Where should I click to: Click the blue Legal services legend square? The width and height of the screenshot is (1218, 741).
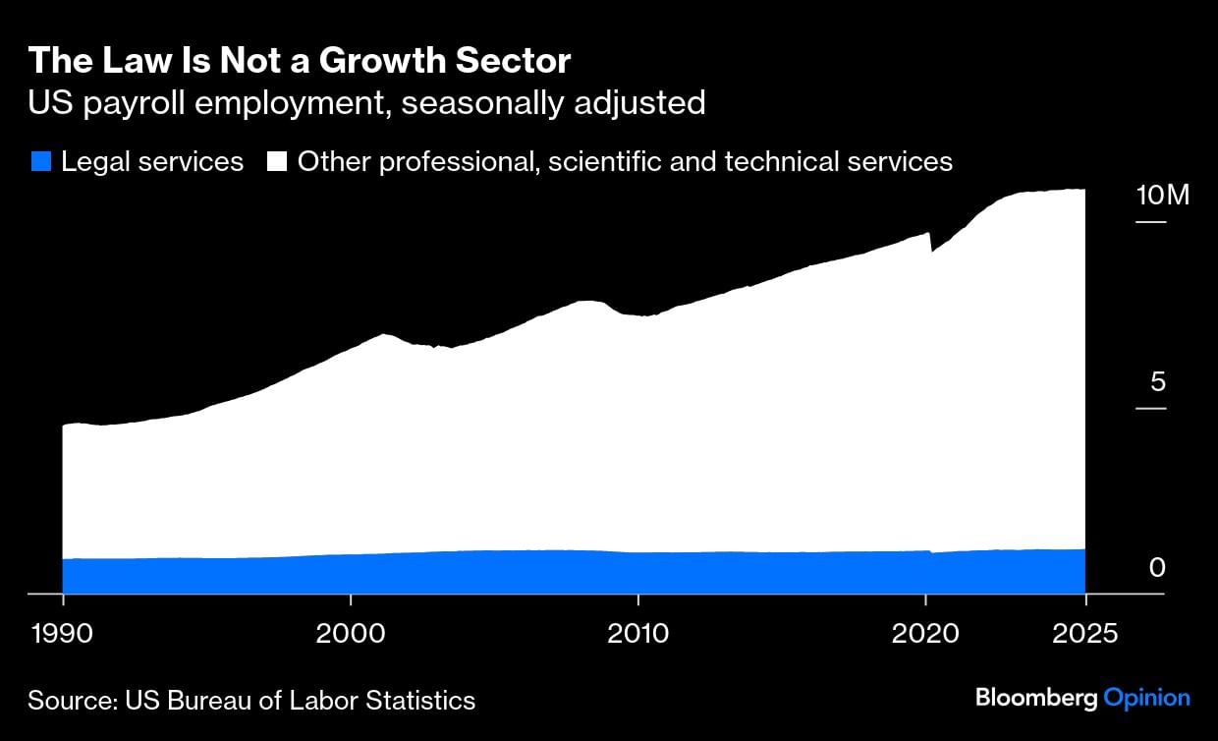click(x=40, y=161)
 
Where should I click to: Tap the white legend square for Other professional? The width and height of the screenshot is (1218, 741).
click(x=277, y=161)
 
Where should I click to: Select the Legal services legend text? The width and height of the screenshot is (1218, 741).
click(x=152, y=161)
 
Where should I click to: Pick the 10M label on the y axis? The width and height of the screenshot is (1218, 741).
click(x=1163, y=195)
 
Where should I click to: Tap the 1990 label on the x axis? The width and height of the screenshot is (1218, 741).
click(x=63, y=632)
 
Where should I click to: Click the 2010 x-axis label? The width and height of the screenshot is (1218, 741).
click(x=638, y=632)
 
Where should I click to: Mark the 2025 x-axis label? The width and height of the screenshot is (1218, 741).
click(x=1083, y=632)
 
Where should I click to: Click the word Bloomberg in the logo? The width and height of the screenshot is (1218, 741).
click(x=1036, y=698)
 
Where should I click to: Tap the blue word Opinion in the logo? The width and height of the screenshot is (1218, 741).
click(x=1147, y=698)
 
